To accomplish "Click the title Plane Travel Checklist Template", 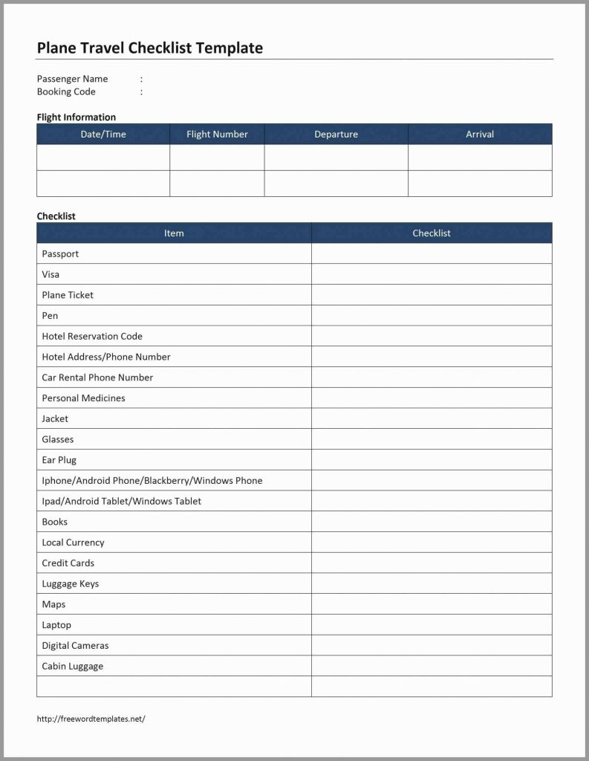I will (x=149, y=48).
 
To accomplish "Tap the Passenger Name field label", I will (x=72, y=79).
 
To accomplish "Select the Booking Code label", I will (x=66, y=92).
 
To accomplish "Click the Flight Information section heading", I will (x=76, y=117).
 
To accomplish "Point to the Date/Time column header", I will (x=103, y=135).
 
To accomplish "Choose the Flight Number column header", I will (x=217, y=135).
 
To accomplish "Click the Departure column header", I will (x=336, y=135).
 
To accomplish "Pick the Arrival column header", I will (x=480, y=135).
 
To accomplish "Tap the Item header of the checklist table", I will (x=174, y=233).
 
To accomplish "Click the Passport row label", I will (x=60, y=254).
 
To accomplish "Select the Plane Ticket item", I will (x=68, y=295).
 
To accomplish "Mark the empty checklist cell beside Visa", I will (x=432, y=274).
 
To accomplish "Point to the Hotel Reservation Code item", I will (x=92, y=337).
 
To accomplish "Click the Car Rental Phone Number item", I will (x=97, y=378).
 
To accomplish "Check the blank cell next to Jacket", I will (x=432, y=419).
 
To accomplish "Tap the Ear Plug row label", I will (x=59, y=460).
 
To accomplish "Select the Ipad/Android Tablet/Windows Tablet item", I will (x=121, y=502).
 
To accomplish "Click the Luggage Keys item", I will (x=70, y=584).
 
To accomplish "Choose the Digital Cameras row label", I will (x=75, y=646).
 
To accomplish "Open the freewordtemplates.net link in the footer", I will (x=91, y=719).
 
